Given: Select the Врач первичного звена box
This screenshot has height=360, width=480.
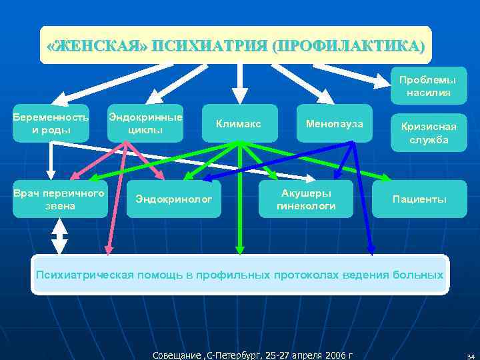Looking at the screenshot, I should pyautogui.click(x=60, y=199).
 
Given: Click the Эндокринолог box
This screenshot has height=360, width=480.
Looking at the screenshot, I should pyautogui.click(x=173, y=199).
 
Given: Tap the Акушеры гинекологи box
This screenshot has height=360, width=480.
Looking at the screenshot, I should pyautogui.click(x=306, y=199).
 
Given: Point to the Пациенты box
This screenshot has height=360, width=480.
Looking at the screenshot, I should pyautogui.click(x=419, y=199).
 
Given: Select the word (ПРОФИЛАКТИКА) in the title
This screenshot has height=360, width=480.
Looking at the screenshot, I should pyautogui.click(x=347, y=46).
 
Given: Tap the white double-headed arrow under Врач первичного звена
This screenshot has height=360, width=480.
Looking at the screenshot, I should pyautogui.click(x=60, y=236).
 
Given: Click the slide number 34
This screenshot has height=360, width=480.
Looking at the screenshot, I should pyautogui.click(x=470, y=355).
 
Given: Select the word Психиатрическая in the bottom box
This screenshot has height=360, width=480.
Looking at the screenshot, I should pyautogui.click(x=85, y=275).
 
